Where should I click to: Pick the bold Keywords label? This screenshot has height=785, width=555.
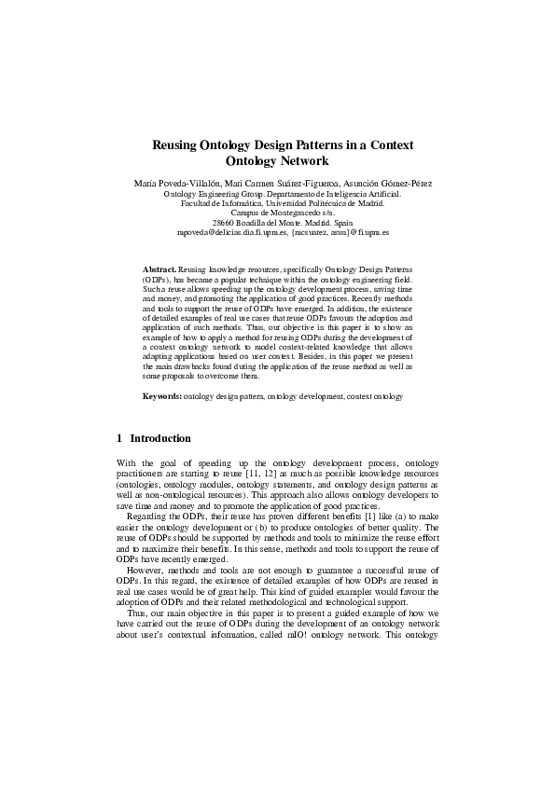[162, 396]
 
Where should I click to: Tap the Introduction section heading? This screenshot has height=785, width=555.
[160, 438]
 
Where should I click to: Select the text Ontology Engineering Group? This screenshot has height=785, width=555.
[202, 193]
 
